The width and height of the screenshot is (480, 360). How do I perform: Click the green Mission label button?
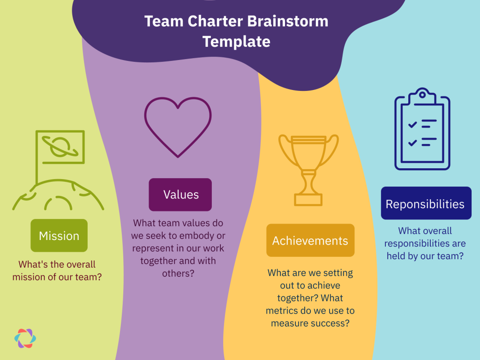(x=59, y=235)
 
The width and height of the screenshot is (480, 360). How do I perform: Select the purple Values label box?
(x=180, y=195)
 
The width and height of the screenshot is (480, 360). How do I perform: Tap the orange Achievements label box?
(x=310, y=240)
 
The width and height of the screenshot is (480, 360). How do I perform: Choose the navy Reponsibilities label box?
(x=426, y=203)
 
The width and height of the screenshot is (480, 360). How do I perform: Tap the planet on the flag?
(x=60, y=147)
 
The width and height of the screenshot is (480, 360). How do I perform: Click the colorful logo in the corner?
(x=25, y=338)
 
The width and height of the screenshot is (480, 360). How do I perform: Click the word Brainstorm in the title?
(x=288, y=21)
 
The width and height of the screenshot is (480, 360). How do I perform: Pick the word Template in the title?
(x=236, y=42)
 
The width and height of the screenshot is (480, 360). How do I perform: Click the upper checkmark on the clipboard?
(x=412, y=124)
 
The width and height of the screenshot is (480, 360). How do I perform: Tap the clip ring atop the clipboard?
(x=422, y=95)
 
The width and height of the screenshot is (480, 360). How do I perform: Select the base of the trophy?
(x=308, y=200)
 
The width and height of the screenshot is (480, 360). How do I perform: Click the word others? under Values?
(x=178, y=273)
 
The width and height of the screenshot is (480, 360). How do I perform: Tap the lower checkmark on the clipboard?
(x=412, y=142)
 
